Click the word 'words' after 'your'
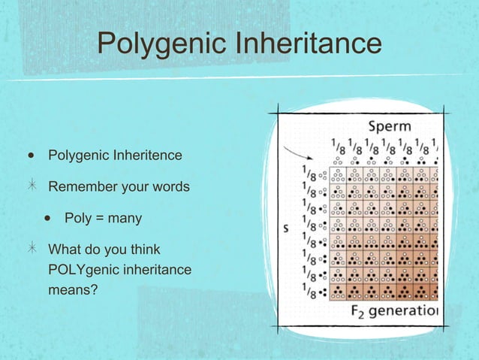coord(171,186)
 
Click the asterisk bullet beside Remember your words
coord(31,186)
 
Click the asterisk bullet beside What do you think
coord(31,249)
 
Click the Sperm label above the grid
coord(389,126)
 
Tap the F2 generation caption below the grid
coord(395,310)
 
